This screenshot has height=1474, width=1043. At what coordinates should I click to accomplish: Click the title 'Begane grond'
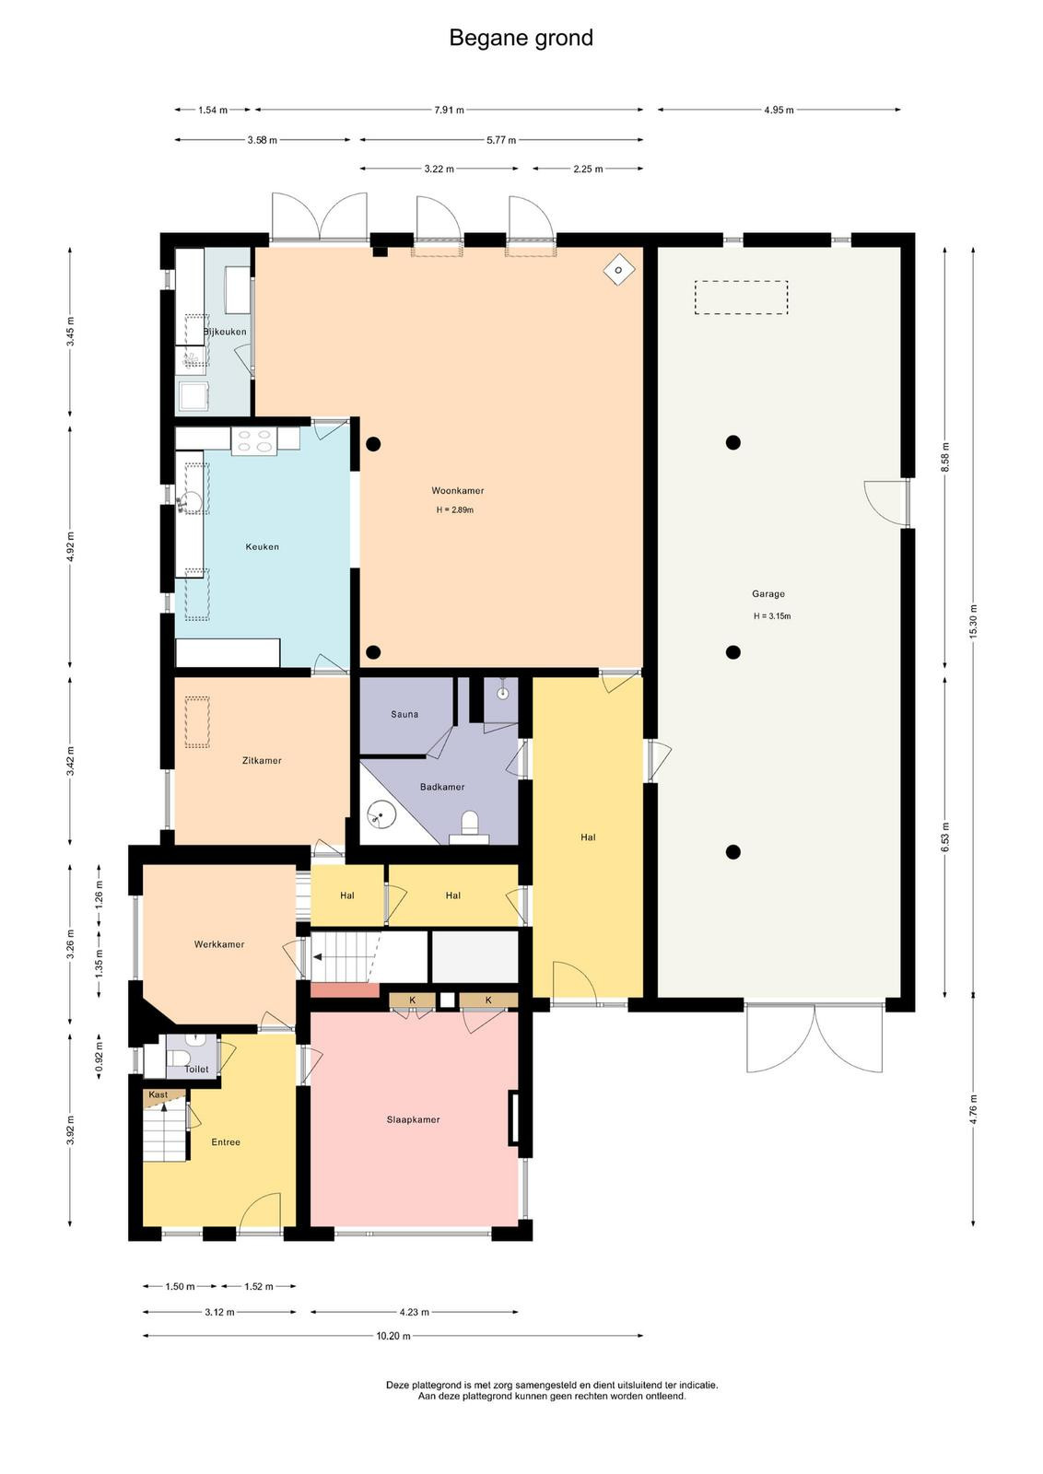521,38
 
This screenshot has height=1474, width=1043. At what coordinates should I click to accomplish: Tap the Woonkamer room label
457,490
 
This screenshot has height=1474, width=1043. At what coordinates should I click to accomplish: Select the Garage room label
768,593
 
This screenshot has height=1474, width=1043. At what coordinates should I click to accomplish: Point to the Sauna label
404,714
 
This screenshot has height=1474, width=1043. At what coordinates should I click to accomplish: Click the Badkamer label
442,787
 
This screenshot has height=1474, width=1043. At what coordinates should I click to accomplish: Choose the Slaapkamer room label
414,1119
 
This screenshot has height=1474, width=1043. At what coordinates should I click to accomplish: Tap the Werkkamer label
219,944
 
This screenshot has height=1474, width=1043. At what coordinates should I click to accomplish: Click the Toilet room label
196,1070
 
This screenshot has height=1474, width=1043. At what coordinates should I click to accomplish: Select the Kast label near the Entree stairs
158,1095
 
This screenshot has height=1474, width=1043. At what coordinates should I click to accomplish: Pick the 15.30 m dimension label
974,621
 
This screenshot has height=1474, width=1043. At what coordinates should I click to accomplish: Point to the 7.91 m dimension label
449,110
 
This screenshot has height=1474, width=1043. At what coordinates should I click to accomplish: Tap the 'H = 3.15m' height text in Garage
772,616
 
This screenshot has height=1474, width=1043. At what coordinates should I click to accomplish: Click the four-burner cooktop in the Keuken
254,440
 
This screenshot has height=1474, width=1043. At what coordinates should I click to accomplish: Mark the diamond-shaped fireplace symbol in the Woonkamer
618,269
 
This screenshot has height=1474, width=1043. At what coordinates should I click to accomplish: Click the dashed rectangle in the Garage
741,298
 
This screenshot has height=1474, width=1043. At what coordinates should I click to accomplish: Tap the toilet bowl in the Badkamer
470,823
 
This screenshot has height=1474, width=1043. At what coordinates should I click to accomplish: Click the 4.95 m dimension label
779,110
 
